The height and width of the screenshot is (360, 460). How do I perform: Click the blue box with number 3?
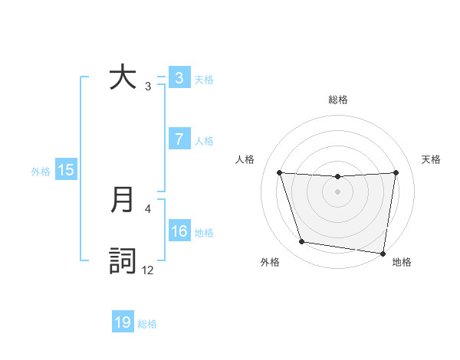tap(179, 78)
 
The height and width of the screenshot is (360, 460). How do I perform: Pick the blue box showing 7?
tap(179, 139)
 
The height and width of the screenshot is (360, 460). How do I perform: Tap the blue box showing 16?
tap(179, 231)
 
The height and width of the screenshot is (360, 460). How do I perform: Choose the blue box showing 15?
tap(66, 170)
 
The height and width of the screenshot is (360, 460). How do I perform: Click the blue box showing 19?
tap(123, 322)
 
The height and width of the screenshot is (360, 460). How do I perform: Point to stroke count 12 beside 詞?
tap(148, 270)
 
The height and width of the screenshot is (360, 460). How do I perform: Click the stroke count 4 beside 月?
tap(148, 208)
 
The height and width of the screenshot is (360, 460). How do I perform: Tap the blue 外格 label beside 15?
tap(41, 172)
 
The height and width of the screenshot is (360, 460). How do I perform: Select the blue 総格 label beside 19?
tap(147, 324)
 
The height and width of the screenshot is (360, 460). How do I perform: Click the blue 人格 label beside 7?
tap(204, 141)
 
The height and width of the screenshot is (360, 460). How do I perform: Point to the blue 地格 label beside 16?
tap(204, 233)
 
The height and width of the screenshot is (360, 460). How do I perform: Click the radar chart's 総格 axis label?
tap(338, 100)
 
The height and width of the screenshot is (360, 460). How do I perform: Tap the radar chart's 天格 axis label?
tap(431, 159)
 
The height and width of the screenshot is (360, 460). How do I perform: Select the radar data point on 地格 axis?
tap(383, 253)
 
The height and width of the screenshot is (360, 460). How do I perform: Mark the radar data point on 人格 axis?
tap(279, 172)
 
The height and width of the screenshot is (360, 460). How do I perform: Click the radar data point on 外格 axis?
tap(302, 242)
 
